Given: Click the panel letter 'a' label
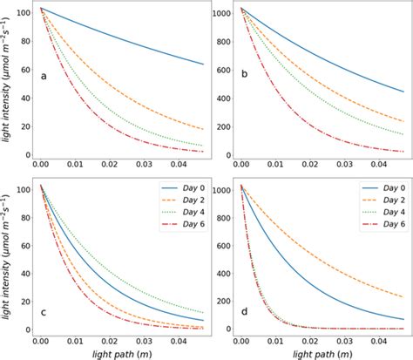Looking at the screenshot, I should point(44,76).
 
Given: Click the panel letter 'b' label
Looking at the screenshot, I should point(245,76).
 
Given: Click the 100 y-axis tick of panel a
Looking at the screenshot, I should point(21,13).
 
